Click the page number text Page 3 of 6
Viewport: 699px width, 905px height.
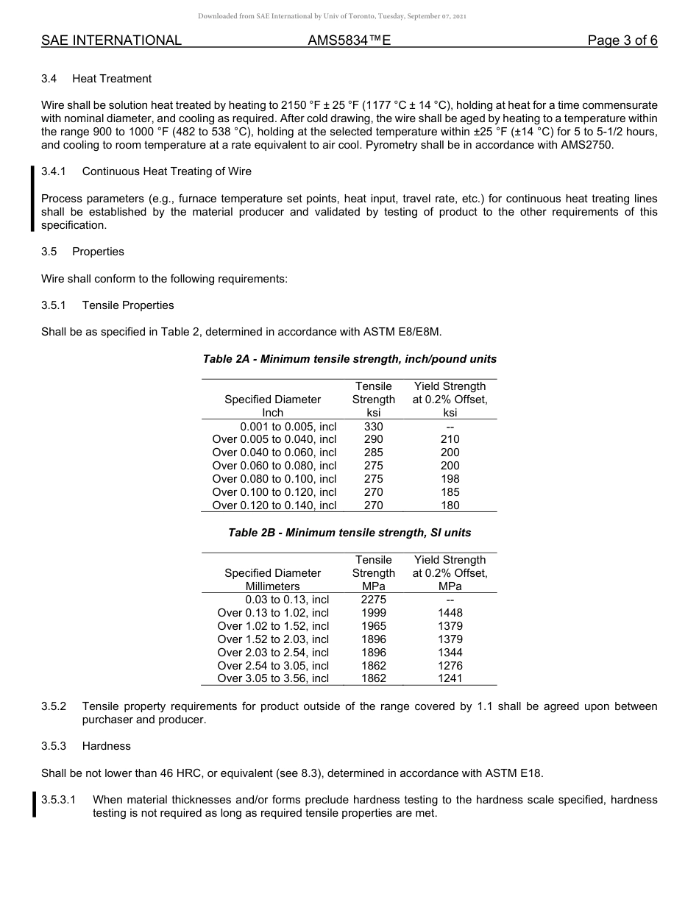(x=622, y=40)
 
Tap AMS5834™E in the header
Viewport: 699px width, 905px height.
(x=349, y=40)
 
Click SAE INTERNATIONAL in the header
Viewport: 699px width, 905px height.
(x=111, y=40)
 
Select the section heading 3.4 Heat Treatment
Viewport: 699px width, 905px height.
(x=97, y=79)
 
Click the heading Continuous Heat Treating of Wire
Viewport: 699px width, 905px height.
(x=166, y=171)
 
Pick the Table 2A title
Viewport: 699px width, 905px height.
(x=349, y=359)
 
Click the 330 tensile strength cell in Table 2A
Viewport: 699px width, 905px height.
(x=373, y=426)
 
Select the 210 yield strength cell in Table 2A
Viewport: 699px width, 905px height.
(x=450, y=439)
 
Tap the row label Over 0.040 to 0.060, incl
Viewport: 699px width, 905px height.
(x=274, y=452)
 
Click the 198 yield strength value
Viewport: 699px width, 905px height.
(x=450, y=479)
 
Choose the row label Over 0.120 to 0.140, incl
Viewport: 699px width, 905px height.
(x=274, y=505)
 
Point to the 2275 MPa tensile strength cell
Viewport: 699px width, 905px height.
(x=373, y=600)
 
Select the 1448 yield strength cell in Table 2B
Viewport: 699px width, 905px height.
(x=450, y=613)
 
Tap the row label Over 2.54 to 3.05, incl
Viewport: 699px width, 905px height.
(x=273, y=666)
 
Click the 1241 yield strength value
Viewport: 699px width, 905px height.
(x=450, y=678)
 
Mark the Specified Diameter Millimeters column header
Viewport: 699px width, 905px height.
(x=272, y=580)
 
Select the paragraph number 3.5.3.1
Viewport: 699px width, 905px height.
(x=63, y=800)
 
